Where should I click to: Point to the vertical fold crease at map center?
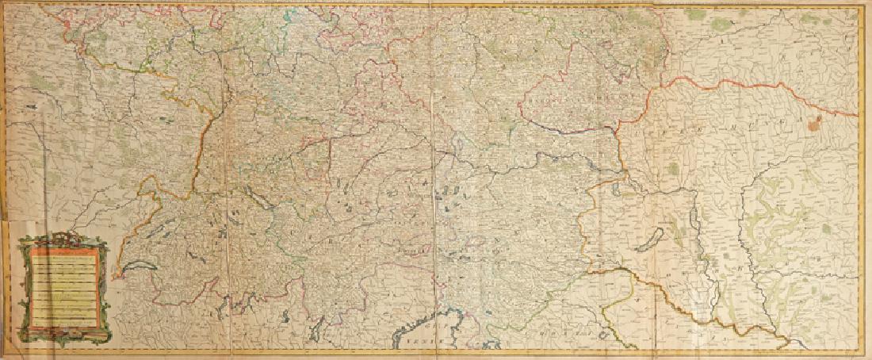[x=434, y=182]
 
